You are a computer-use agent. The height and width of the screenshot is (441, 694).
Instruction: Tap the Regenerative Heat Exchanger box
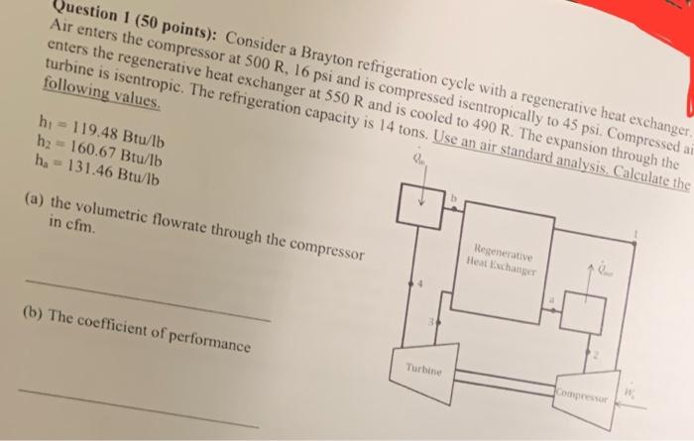[504, 257]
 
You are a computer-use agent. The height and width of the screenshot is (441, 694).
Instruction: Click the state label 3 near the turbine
[428, 322]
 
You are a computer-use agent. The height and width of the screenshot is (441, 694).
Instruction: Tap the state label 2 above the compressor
[597, 354]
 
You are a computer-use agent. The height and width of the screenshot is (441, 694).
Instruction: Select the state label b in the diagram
[455, 197]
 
